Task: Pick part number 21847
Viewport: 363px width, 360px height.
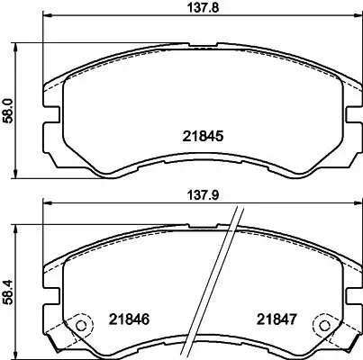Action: [276, 319]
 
